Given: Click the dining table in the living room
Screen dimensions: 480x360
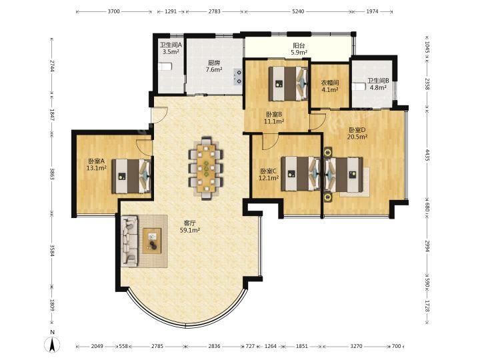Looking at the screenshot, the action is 206,168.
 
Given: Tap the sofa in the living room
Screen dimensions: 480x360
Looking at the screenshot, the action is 129,241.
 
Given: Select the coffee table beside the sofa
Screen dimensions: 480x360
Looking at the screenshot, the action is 152,241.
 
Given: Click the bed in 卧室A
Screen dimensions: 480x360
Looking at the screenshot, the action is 131,176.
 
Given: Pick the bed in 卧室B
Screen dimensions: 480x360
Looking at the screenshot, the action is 288,83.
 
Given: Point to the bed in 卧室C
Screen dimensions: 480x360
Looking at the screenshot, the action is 301,173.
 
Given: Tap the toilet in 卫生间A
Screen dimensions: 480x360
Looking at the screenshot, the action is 165,67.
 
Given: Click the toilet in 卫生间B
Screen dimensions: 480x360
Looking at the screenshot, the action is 359,86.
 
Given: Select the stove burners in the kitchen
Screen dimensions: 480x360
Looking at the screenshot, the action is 237,77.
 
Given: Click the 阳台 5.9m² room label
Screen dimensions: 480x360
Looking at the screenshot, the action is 299,49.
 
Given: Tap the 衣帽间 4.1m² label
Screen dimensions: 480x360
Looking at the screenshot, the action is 329,86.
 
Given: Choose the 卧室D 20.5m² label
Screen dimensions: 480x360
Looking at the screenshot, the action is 357,133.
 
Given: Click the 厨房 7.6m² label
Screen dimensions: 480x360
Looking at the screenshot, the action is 214,66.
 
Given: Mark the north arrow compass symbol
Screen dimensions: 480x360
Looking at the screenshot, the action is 53,343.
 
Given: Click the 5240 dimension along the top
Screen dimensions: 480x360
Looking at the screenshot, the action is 298,11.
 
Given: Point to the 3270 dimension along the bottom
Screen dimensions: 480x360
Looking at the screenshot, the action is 356,346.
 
